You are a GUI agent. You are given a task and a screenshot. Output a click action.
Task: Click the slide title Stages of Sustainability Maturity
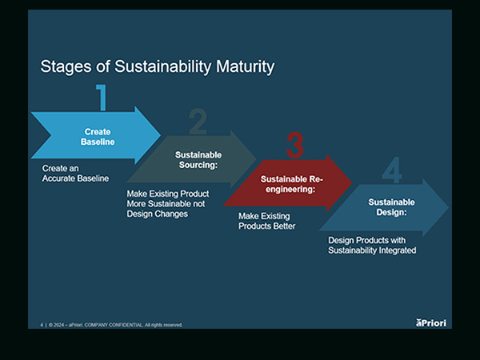point(157,66)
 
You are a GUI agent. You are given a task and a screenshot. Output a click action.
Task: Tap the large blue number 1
point(101,97)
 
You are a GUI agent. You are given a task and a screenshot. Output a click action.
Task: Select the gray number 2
point(198,122)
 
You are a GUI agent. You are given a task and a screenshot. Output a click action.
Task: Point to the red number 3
point(295,146)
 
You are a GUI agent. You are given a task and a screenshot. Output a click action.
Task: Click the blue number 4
point(391,171)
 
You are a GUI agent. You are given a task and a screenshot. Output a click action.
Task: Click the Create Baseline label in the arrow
point(98,137)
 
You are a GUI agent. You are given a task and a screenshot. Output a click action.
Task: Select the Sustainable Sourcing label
point(198,160)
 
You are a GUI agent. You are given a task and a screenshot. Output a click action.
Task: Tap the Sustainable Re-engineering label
point(292,185)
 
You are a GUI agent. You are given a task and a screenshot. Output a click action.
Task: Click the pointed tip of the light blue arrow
point(160,135)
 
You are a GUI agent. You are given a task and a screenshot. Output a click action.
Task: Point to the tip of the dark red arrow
point(352,184)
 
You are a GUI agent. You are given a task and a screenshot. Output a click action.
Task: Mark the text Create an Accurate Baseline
point(75,174)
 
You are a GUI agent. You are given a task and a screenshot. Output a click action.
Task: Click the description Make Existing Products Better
point(267,222)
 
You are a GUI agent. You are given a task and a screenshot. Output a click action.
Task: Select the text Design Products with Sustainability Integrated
point(372,246)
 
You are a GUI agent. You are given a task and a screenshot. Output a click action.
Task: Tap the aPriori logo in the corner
point(433,322)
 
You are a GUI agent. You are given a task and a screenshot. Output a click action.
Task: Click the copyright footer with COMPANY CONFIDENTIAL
point(112,325)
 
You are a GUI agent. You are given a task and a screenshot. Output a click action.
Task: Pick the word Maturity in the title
point(241,66)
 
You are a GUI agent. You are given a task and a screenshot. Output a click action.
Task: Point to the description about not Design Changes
point(167,205)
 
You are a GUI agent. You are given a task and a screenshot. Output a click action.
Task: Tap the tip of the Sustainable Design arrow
point(449,208)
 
